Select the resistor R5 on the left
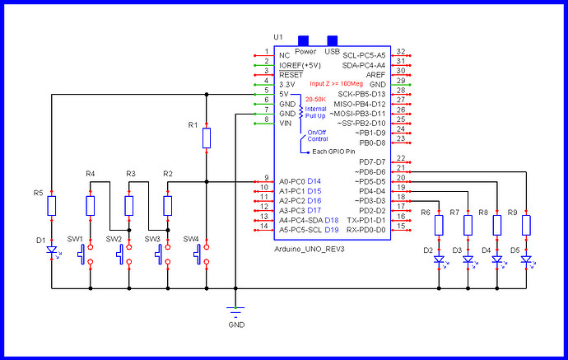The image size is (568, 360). pyautogui.click(x=51, y=205)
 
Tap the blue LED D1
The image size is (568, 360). pyautogui.click(x=51, y=250)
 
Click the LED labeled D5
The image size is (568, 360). pyautogui.click(x=526, y=259)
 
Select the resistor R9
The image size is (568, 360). pyautogui.click(x=526, y=224)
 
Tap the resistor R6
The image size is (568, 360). pyautogui.click(x=439, y=224)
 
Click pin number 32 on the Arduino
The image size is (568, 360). pyautogui.click(x=400, y=51)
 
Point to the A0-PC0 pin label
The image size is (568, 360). pyautogui.click(x=291, y=180)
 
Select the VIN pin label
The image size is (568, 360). pyautogui.click(x=286, y=124)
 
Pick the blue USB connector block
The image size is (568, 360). pyautogui.click(x=333, y=40)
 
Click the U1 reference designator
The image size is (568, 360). pyautogui.click(x=277, y=37)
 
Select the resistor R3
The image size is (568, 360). pyautogui.click(x=128, y=205)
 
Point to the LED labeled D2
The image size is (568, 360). pyautogui.click(x=439, y=259)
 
